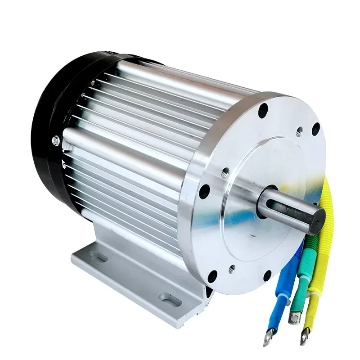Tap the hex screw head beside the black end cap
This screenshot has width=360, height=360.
coord(56,139)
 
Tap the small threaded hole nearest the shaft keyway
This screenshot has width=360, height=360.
coord(226,171)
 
